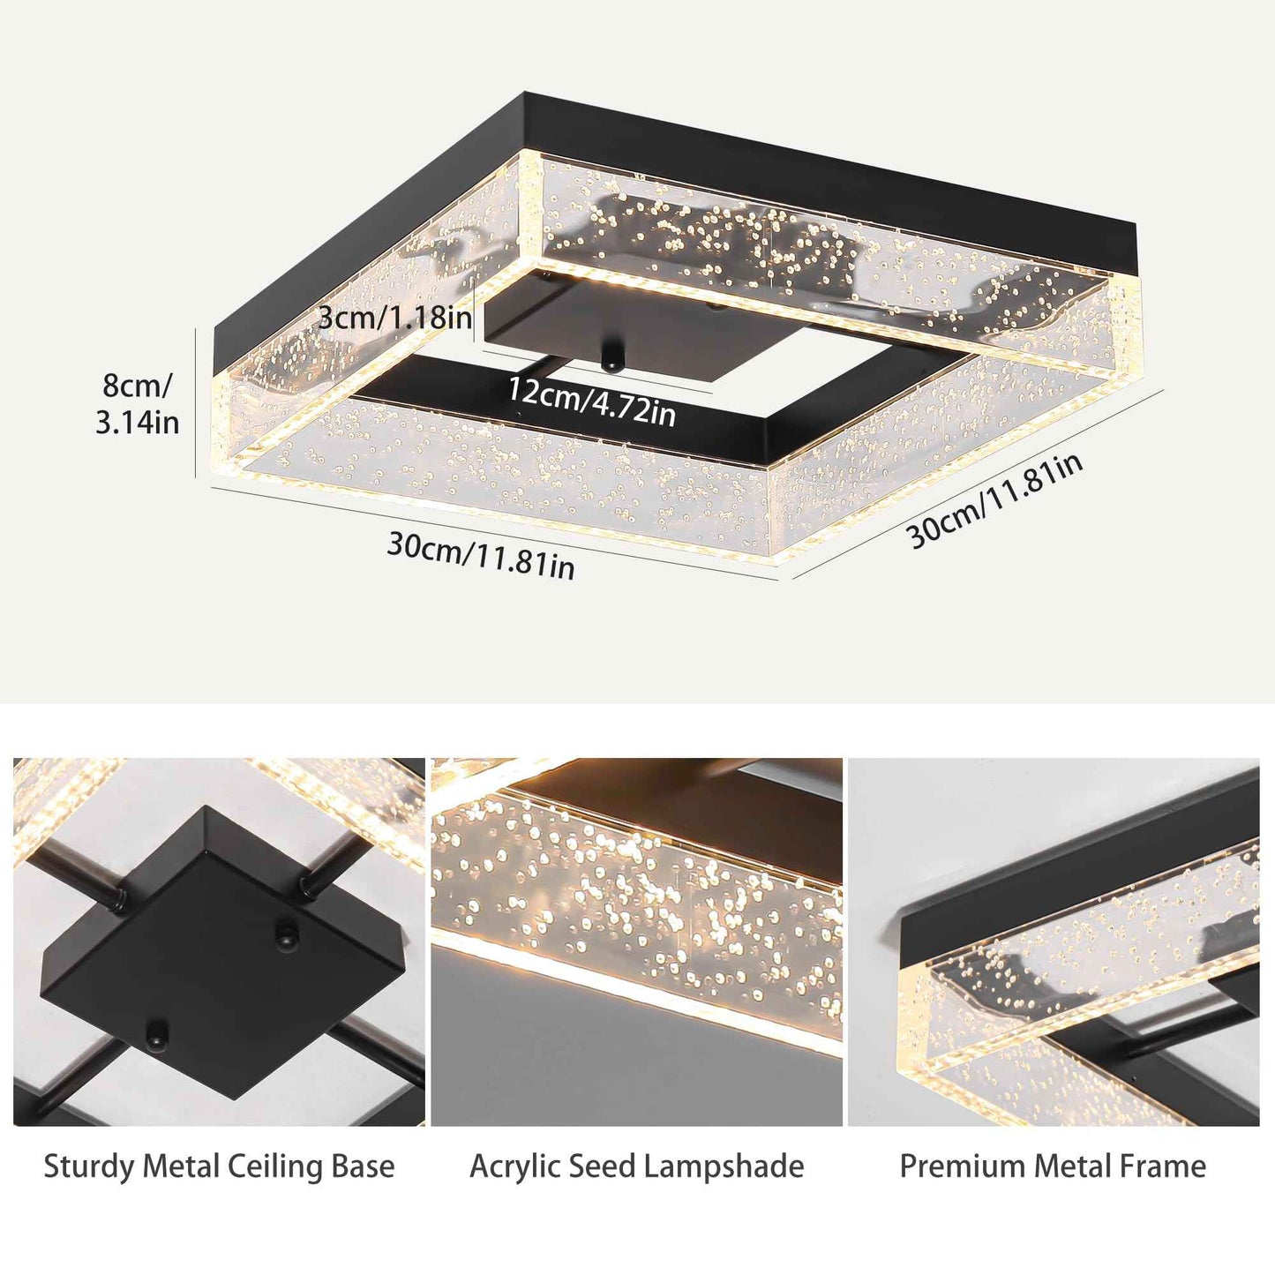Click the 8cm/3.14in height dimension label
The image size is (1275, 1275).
138,404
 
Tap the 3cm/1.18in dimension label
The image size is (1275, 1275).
394,317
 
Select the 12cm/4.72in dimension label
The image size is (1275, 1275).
591,401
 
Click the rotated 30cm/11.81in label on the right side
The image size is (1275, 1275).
995,500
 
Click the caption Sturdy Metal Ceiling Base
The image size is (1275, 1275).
219,1166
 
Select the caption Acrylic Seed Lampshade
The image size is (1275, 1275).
636,1166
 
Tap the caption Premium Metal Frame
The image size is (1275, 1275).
1053,1166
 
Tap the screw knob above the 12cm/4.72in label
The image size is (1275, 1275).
609,359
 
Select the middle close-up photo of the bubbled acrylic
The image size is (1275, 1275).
636,941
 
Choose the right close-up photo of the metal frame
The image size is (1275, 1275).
1054,941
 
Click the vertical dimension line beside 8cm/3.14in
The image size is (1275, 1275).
196,402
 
